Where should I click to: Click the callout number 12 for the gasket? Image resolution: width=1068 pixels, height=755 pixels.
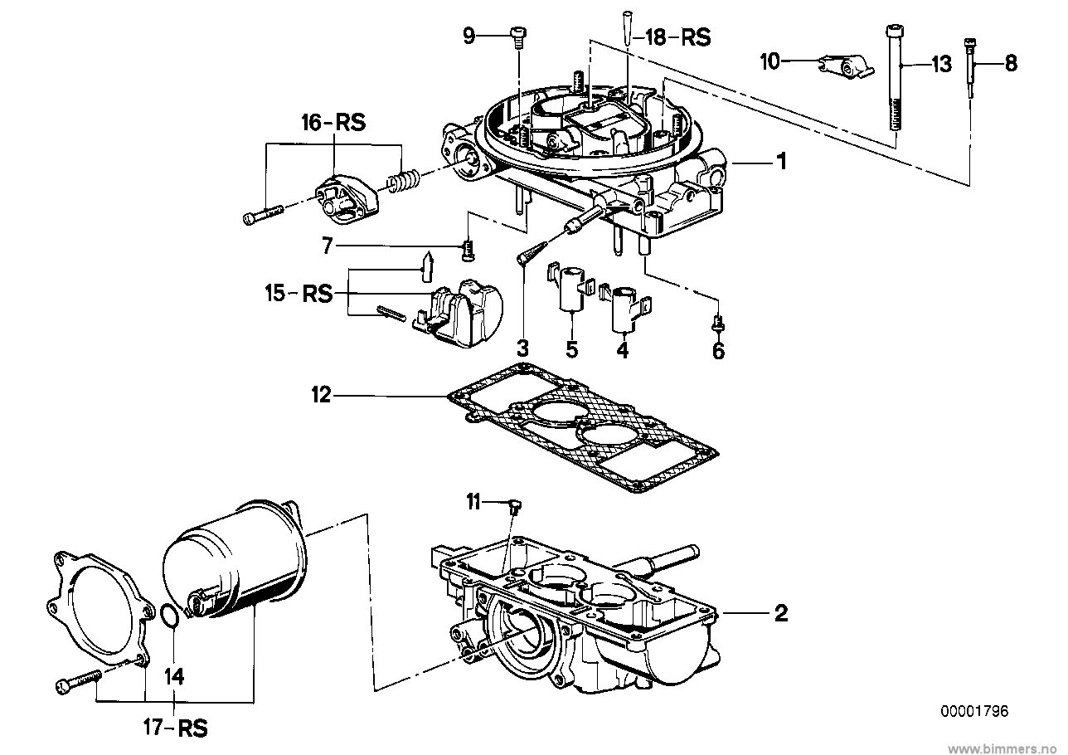[321, 395]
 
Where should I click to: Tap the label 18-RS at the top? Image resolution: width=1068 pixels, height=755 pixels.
[677, 37]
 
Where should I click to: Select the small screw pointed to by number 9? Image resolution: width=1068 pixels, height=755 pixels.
[517, 37]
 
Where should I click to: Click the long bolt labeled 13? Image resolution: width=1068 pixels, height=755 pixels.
[895, 78]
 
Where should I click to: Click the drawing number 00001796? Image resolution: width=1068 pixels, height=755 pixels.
[974, 711]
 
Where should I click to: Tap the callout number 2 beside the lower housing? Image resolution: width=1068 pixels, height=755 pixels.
[781, 613]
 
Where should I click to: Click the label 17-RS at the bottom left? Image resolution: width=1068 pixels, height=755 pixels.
[176, 728]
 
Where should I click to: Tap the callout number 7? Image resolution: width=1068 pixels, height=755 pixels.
[327, 246]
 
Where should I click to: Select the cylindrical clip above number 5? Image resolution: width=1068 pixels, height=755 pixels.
[570, 289]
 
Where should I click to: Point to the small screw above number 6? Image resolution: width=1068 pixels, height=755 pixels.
[719, 324]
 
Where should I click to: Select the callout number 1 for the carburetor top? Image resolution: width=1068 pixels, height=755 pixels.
[782, 162]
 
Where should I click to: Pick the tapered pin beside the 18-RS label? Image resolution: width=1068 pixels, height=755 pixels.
[627, 28]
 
